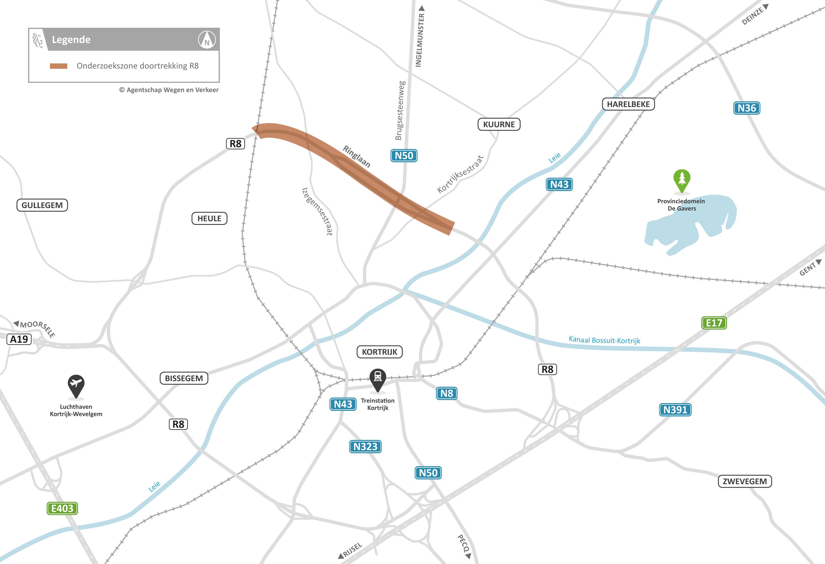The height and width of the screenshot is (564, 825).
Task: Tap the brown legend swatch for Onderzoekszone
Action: (59, 66)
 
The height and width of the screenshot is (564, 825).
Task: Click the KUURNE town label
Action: (499, 124)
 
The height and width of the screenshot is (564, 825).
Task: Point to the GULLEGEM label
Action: (42, 205)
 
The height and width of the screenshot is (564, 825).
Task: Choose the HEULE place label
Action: (209, 218)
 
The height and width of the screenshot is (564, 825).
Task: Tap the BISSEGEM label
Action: (184, 378)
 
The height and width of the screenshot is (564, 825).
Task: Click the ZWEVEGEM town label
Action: (745, 481)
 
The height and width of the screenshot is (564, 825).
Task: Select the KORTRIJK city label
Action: (379, 352)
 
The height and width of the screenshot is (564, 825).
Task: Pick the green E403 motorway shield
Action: (62, 508)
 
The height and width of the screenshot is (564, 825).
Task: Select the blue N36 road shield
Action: (747, 108)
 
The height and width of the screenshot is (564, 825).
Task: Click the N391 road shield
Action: (675, 409)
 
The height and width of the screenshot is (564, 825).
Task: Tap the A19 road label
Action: (19, 339)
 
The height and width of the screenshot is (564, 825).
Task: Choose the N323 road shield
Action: (365, 446)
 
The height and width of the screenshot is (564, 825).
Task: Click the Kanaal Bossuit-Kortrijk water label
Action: (604, 340)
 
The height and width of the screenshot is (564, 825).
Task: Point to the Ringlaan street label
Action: (357, 156)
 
